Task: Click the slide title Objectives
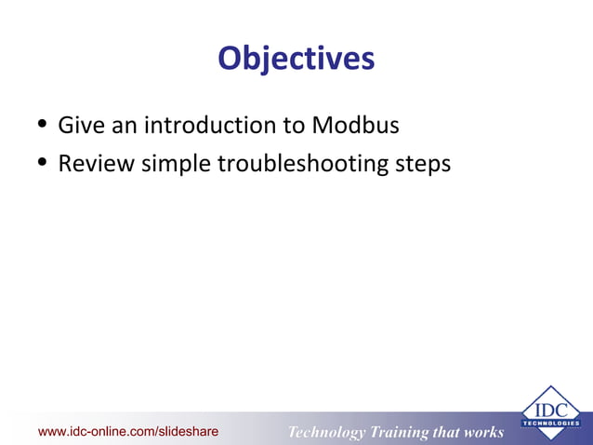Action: pyautogui.click(x=296, y=59)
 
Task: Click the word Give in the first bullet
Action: pyautogui.click(x=81, y=125)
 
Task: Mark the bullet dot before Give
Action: pyautogui.click(x=42, y=126)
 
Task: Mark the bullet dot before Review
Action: pyautogui.click(x=42, y=165)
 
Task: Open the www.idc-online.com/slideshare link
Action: pyautogui.click(x=127, y=431)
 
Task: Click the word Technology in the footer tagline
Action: pyautogui.click(x=326, y=432)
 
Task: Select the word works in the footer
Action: pyautogui.click(x=482, y=432)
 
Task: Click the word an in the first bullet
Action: pyautogui.click(x=122, y=125)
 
